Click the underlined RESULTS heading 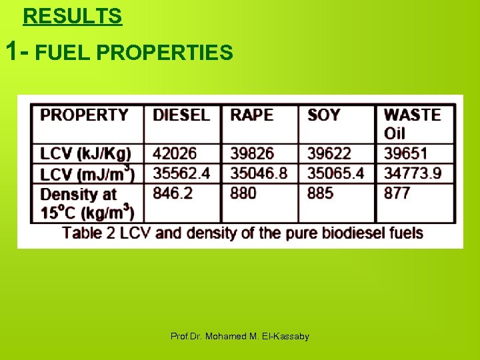coord(73,16)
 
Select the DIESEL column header coord(181,115)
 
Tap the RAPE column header coord(251,115)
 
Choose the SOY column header coord(324,115)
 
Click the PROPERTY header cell coord(84,115)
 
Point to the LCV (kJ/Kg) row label coord(85,154)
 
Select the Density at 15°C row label coord(87,203)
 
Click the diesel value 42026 coord(175,154)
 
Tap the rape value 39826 coord(252,154)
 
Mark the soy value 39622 coord(329,154)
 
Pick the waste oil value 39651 coord(405,154)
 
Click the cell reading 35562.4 coord(181,174)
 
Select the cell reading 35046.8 coord(259,174)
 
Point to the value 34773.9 coord(413,174)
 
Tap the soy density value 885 coord(320,193)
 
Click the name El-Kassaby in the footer coord(290,337)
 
